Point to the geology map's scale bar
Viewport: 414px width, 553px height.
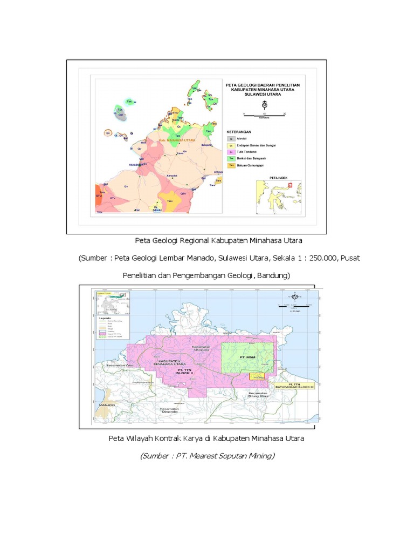pyautogui.click(x=264, y=114)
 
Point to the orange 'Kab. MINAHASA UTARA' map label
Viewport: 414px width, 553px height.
pyautogui.click(x=177, y=140)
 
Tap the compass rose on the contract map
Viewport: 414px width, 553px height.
pyautogui.click(x=295, y=296)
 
